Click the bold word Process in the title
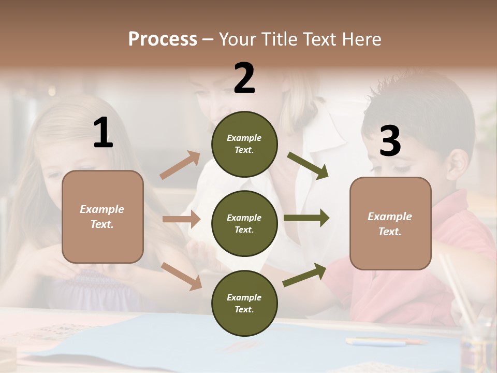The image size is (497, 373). point(163,39)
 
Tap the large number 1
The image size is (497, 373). point(103,133)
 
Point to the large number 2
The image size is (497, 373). point(244,78)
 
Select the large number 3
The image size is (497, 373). point(390,141)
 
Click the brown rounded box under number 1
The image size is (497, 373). point(103,217)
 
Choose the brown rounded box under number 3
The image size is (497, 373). point(390,224)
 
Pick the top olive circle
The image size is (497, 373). point(244,144)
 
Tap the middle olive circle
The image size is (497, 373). point(244,224)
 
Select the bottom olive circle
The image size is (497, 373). point(244,304)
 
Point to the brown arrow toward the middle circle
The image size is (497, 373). point(181,219)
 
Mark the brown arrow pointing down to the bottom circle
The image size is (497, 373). point(182,276)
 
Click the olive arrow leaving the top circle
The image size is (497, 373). point(308,165)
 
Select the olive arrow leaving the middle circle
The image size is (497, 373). point(306,218)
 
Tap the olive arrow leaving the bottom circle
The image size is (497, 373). point(304,275)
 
